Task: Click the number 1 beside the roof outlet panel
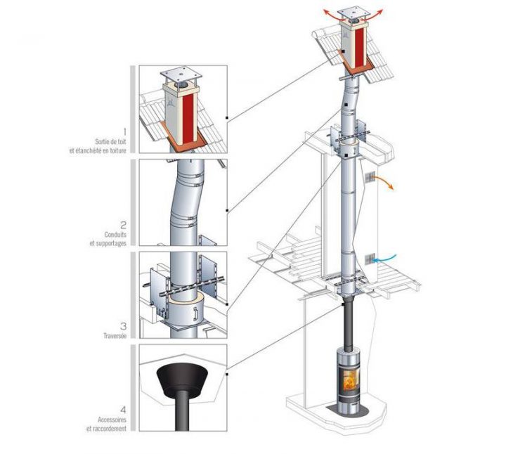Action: point(124,131)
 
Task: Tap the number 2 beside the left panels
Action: point(124,226)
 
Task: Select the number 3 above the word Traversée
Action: point(124,326)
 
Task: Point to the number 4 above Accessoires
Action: point(124,410)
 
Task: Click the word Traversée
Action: point(115,337)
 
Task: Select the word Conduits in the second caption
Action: point(115,235)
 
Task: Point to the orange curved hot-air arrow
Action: point(384,185)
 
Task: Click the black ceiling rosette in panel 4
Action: point(182,380)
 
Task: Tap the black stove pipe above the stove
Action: point(349,323)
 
